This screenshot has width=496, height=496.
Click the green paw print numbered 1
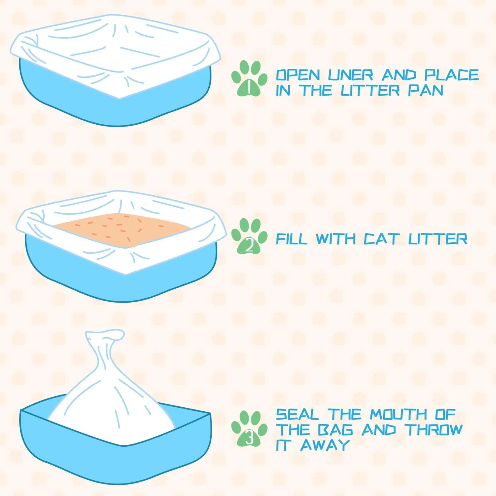point(249,79)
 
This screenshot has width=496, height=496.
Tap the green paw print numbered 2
point(249,236)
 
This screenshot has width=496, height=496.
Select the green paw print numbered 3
point(249,429)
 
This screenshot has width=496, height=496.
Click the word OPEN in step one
point(298,75)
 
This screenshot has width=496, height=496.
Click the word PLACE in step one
point(452,75)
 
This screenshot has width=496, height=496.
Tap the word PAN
point(426,91)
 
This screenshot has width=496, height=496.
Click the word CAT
point(381,239)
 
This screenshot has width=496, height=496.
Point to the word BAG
point(335,430)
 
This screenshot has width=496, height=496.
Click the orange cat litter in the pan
point(122,229)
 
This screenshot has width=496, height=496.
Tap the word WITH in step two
point(336,239)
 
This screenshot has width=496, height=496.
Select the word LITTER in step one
point(370,91)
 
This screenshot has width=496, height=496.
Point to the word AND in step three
point(379,430)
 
